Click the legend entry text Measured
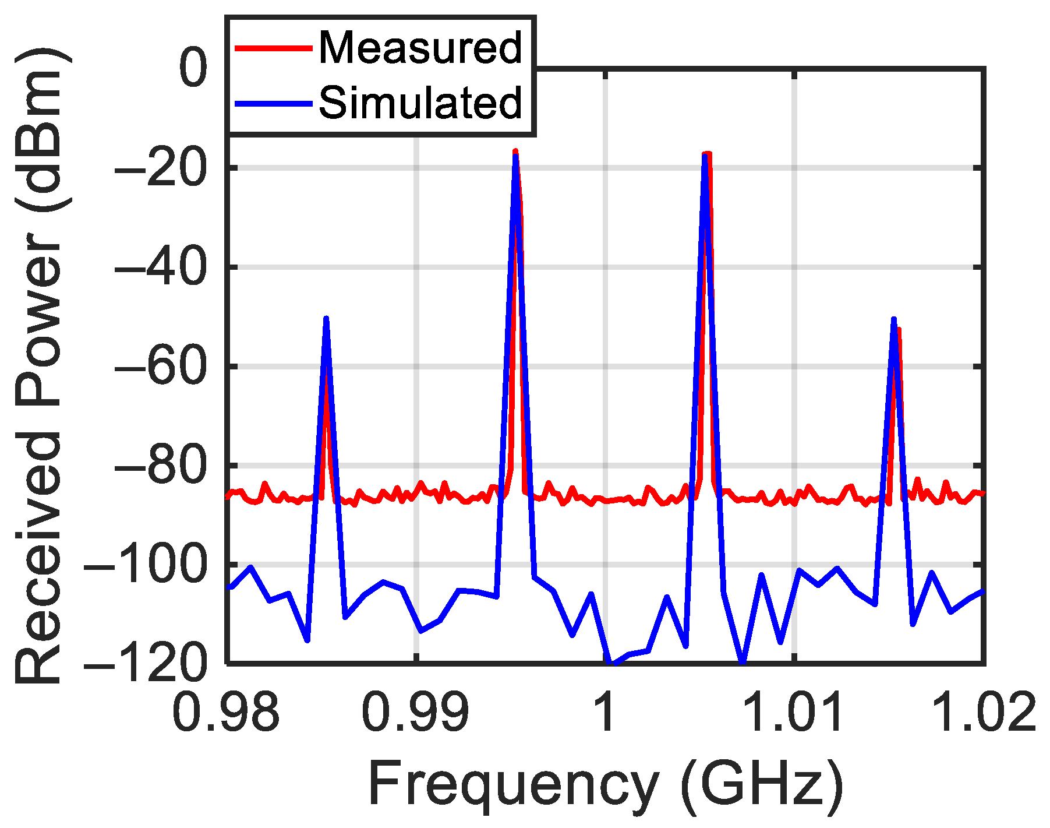[420, 47]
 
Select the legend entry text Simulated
[420, 103]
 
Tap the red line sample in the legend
[273, 48]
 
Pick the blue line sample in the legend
[273, 104]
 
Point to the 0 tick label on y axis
[193, 69]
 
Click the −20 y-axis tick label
[160, 168]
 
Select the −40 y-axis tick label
[160, 267]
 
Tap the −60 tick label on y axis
[160, 367]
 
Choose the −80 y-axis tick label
[160, 466]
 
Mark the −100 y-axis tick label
[146, 565]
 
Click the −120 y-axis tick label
[146, 663]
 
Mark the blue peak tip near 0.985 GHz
[326, 318]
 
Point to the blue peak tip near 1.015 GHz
[894, 319]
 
